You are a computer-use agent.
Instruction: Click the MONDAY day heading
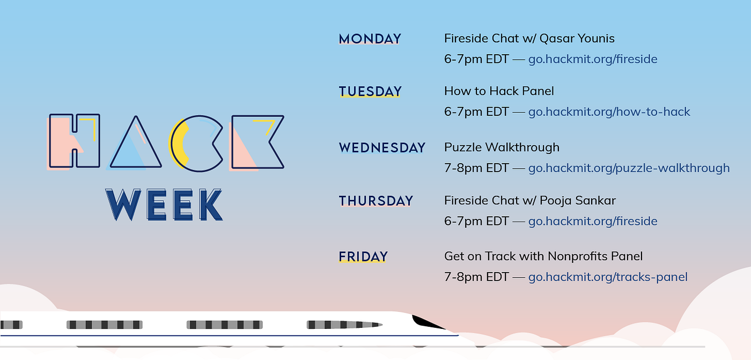coord(370,39)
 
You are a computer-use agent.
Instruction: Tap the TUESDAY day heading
coord(370,92)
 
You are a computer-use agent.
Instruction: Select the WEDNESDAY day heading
coord(382,148)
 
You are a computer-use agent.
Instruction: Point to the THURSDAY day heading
coord(376,201)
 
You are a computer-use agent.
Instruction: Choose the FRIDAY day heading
coord(363,257)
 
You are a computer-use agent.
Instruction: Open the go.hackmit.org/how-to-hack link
coord(609,112)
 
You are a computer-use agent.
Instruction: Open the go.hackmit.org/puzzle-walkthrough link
coord(629,168)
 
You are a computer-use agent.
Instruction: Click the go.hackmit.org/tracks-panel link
coord(608,277)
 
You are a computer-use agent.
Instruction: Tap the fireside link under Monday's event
coord(593,59)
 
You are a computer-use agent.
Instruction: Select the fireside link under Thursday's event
coord(593,221)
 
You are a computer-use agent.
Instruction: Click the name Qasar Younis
coord(577,39)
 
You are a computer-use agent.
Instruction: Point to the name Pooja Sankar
coord(578,201)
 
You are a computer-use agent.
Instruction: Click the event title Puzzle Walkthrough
coord(502,147)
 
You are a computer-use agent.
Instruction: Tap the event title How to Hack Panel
coord(499,91)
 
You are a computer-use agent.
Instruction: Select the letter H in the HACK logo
coord(74,141)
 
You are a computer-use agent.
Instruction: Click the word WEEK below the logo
coord(164,204)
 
